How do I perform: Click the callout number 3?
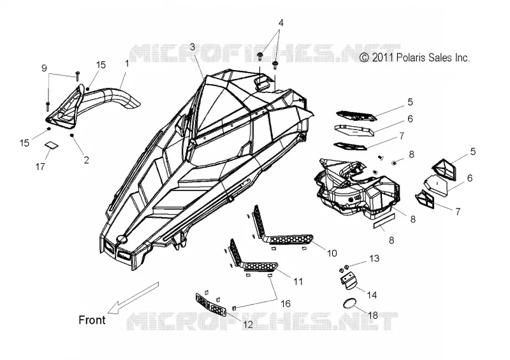click(193, 47)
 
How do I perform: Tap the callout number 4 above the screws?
click(281, 23)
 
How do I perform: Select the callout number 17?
click(40, 167)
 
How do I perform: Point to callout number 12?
click(248, 324)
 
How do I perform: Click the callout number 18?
click(373, 315)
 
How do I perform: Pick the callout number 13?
click(374, 259)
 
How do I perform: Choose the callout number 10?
click(331, 253)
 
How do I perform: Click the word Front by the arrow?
click(92, 320)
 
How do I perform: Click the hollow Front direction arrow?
click(133, 298)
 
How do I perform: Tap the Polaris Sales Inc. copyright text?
click(415, 57)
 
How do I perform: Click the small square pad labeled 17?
click(52, 145)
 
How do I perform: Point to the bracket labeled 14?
click(349, 279)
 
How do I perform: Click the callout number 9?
click(44, 68)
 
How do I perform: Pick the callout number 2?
click(86, 160)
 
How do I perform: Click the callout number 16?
click(285, 304)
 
